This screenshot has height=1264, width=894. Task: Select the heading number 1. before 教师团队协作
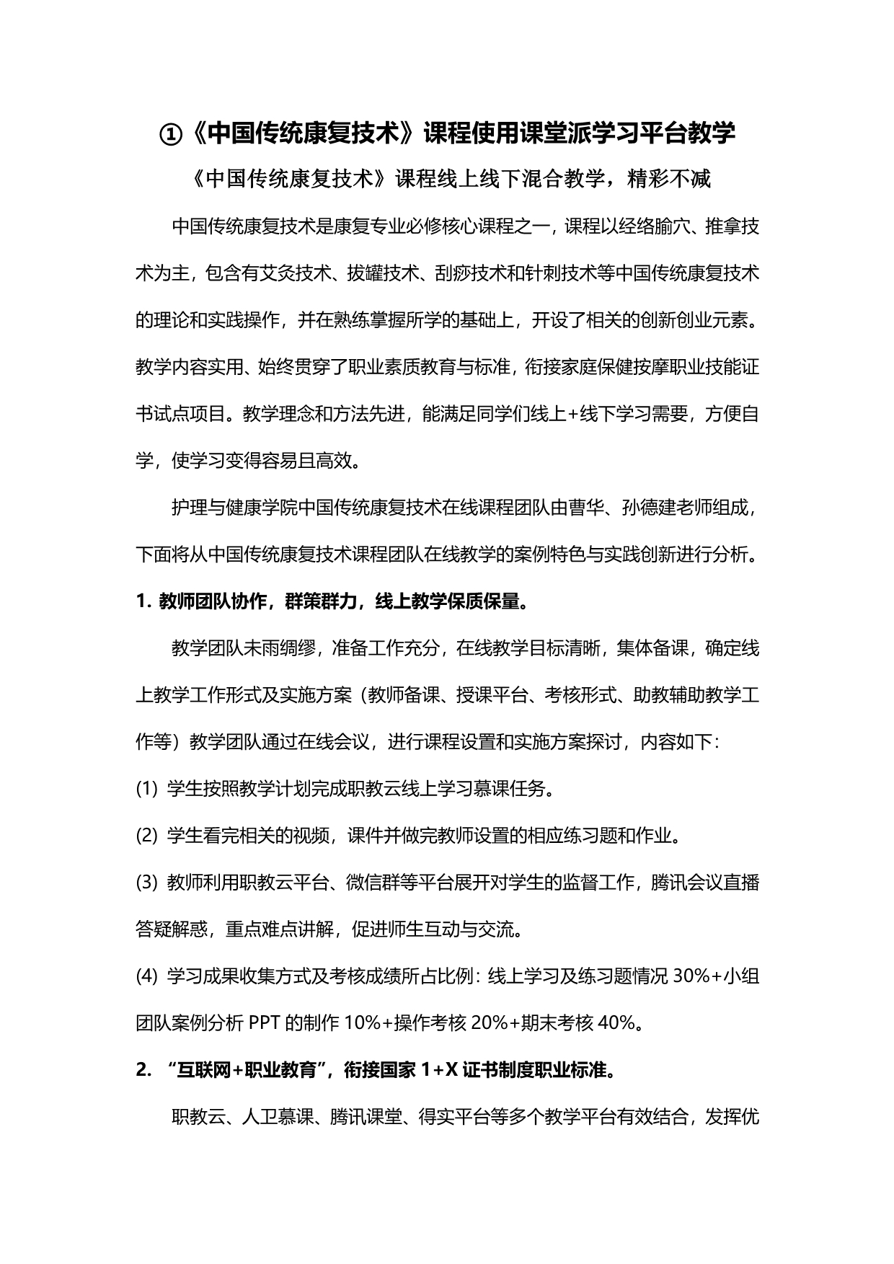pyautogui.click(x=143, y=602)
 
